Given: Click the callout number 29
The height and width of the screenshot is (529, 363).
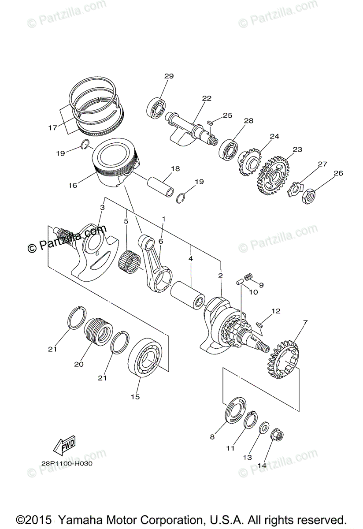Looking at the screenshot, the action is (x=169, y=76).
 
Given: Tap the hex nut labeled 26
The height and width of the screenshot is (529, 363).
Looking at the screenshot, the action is (x=309, y=197).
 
